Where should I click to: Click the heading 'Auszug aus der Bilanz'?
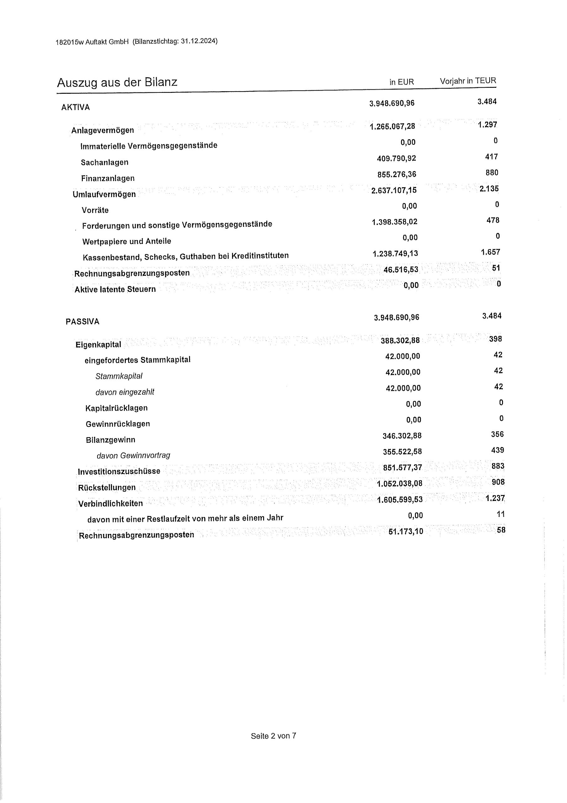coord(117,82)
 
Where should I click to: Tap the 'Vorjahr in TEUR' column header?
coord(468,81)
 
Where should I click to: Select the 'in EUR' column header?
coord(402,82)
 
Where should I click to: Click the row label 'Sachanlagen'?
coord(104,162)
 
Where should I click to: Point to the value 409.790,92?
coord(396,158)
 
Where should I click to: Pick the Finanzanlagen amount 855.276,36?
coord(397,174)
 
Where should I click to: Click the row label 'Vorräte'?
coord(95,210)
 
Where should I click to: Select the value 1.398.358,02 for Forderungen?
coord(394,222)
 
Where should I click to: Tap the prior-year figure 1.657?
coord(490,252)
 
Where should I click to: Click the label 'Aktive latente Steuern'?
coord(115,289)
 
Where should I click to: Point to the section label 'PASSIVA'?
coord(82,322)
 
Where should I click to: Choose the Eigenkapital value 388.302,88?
coord(400,340)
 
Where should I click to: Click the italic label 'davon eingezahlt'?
coord(125,392)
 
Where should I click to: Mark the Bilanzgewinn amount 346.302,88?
coord(402,436)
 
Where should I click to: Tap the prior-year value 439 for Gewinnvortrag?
coord(497,450)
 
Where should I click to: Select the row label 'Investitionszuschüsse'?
coord(119,471)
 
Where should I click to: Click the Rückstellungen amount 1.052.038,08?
coord(400,483)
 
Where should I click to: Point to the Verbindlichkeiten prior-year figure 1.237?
coord(495,498)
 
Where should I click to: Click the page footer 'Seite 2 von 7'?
coord(273,736)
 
